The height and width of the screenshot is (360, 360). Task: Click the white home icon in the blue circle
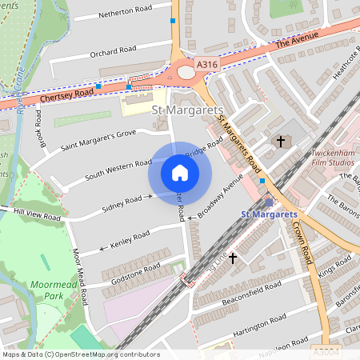point(180,173)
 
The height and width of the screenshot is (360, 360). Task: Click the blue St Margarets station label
point(269,214)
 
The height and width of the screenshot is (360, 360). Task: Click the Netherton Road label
point(124,12)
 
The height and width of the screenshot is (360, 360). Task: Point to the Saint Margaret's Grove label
point(98,139)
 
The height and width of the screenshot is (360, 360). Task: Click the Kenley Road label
point(130,238)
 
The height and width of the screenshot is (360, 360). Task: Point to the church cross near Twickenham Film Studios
point(280,142)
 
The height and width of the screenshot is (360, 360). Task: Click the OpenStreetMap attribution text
point(80,354)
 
